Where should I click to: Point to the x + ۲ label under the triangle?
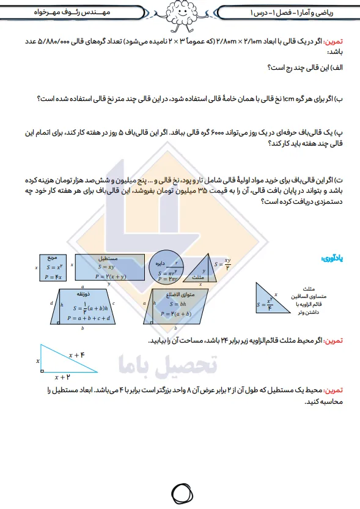(x=62, y=377)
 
